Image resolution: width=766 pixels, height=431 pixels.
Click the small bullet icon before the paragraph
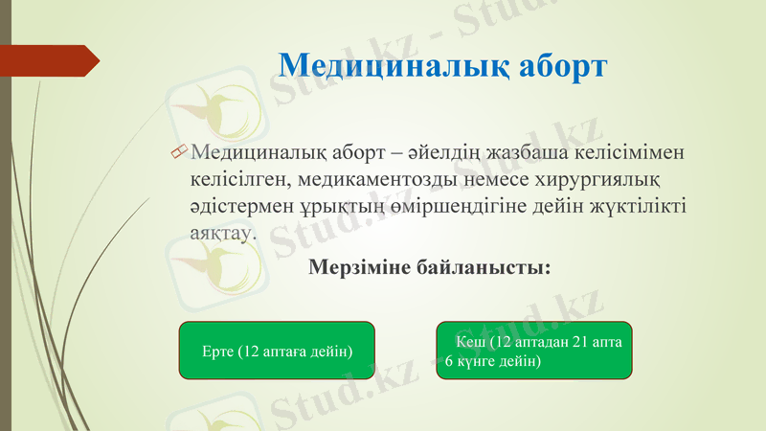click(x=177, y=151)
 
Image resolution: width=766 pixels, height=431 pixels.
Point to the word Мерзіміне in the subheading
click(x=359, y=268)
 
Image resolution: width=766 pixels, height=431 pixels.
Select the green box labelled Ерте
click(x=277, y=351)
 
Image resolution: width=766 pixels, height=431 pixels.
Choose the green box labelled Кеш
click(x=534, y=351)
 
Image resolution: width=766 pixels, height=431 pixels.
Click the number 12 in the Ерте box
click(x=252, y=352)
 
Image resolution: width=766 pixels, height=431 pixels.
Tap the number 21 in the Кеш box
click(x=580, y=341)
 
